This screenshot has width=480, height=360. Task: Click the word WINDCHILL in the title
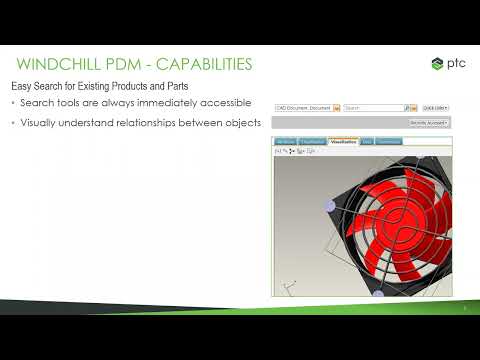point(61,65)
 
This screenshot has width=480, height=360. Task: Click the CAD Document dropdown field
point(304,107)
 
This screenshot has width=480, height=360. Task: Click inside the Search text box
point(373,107)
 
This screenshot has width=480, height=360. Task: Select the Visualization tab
point(343,142)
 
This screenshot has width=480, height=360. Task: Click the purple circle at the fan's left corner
point(330,205)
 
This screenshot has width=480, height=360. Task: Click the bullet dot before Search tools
point(13,104)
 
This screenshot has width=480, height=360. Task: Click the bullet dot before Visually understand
point(13,123)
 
